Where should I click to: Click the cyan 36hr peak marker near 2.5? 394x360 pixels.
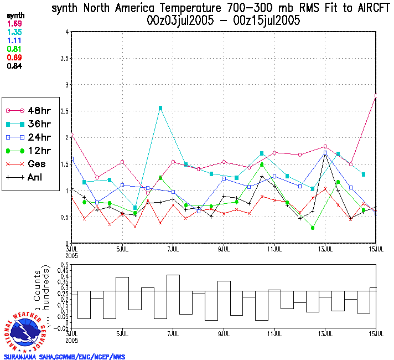coord(160,108)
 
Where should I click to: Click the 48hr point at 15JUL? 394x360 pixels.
coord(376,96)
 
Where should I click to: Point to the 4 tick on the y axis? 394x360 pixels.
coord(66,32)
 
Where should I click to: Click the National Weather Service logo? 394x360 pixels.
coord(26,330)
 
